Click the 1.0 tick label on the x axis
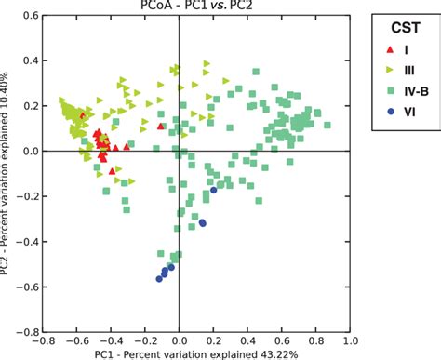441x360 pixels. point(349,340)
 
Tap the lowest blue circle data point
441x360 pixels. point(159,279)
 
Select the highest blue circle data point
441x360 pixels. point(214,191)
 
